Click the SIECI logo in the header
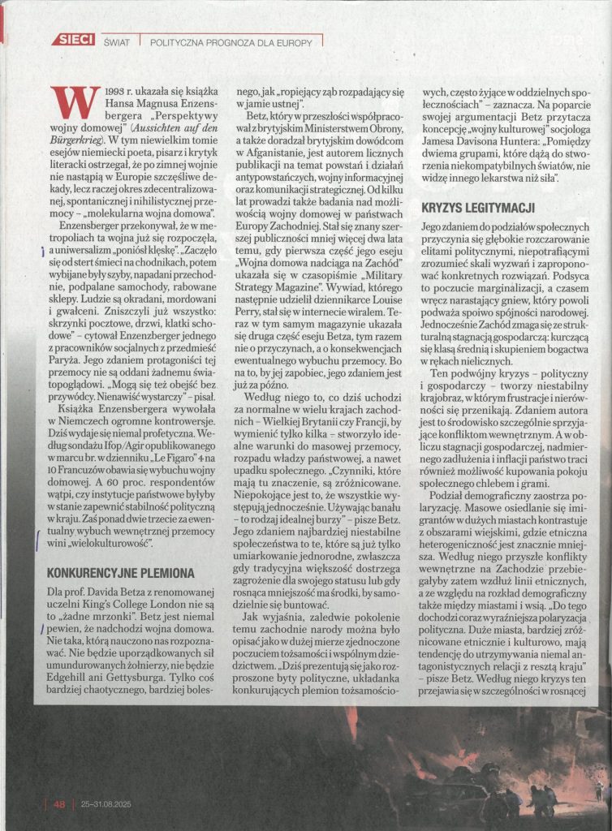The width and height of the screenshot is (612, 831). coord(74,40)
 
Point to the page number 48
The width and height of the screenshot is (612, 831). coord(59,804)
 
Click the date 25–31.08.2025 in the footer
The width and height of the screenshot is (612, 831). coord(106,804)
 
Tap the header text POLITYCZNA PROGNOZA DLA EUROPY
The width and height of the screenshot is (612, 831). coord(231,41)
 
